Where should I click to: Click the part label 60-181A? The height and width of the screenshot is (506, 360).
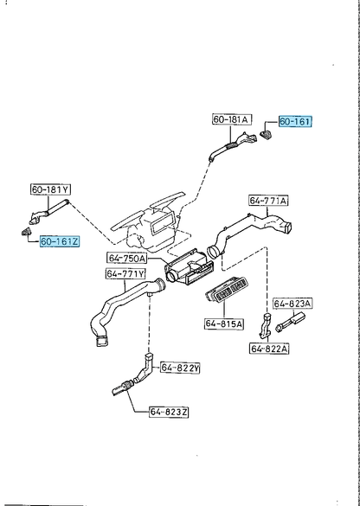pos(232,119)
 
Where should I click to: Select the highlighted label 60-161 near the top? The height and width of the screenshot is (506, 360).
pos(295,122)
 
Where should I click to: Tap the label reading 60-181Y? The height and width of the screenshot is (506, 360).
pos(51,189)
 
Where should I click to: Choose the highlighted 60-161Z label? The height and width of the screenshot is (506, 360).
pos(60,241)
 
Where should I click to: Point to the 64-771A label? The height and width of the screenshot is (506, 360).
pos(268,201)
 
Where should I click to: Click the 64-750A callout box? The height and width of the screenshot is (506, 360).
pos(127,258)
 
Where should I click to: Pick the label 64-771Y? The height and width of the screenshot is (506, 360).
pos(125,273)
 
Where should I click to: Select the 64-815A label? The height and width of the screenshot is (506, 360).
pos(224,323)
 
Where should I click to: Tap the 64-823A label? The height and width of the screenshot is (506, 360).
pos(292,304)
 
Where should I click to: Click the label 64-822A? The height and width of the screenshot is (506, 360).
pos(269,349)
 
